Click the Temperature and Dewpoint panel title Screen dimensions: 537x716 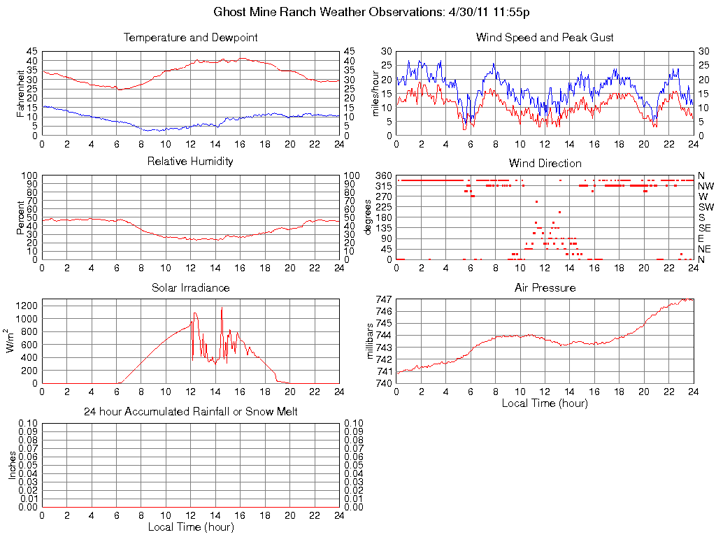pyautogui.click(x=190, y=38)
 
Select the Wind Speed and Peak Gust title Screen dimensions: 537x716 pyautogui.click(x=545, y=38)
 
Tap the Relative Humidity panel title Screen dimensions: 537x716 pyautogui.click(x=190, y=162)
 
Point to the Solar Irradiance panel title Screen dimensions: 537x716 pyautogui.click(x=190, y=288)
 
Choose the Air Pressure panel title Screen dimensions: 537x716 pyautogui.click(x=545, y=288)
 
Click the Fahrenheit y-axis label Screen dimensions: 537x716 pyautogui.click(x=20, y=93)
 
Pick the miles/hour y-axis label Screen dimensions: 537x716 pyautogui.click(x=375, y=93)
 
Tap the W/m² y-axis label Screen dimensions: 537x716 pyautogui.click(x=12, y=341)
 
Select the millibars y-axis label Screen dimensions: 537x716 pyautogui.click(x=371, y=341)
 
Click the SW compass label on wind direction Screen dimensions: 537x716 pyautogui.click(x=706, y=207)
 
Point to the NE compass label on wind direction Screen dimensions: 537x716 pyautogui.click(x=705, y=249)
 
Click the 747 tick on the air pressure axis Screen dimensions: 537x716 pyautogui.click(x=383, y=299)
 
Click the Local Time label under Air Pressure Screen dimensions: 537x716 pyautogui.click(x=545, y=403)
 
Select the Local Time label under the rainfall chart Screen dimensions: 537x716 pyautogui.click(x=190, y=527)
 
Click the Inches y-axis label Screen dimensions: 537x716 pyautogui.click(x=12, y=466)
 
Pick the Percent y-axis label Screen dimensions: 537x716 pyautogui.click(x=20, y=217)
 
